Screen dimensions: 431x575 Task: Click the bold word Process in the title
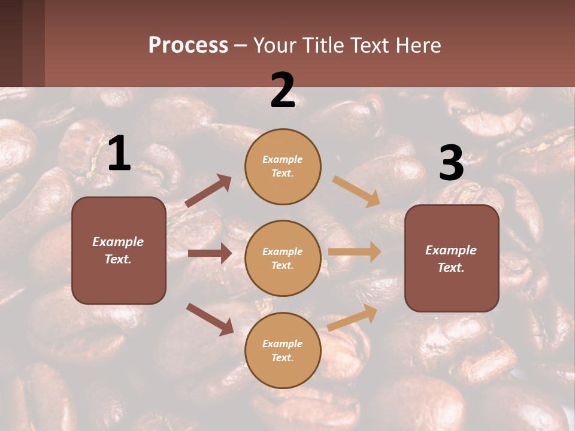188,45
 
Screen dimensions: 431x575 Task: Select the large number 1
119,154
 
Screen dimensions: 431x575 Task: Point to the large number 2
283,90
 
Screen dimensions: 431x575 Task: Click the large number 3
451,163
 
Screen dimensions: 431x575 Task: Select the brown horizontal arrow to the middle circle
210,253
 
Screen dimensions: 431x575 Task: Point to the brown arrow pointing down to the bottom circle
210,318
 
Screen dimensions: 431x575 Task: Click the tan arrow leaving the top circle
356,192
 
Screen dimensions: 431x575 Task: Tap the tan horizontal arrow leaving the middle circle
354,251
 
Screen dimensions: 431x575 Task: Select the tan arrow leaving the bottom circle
353,317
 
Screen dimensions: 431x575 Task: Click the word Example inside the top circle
283,159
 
